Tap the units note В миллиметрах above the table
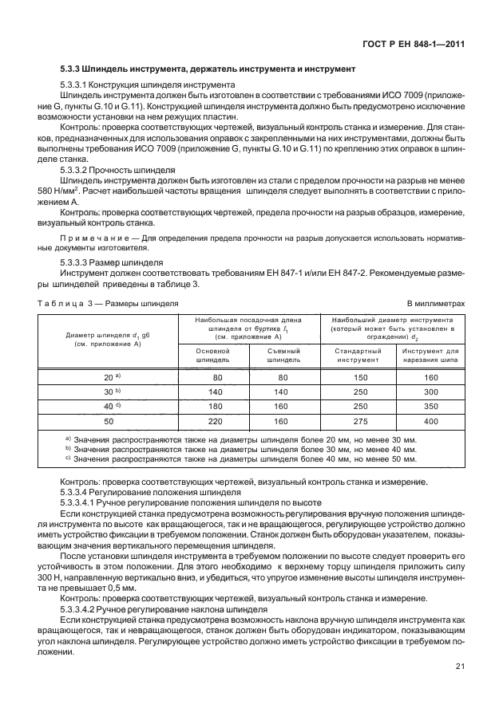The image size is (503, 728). click(x=436, y=304)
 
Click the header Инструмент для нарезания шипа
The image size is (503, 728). click(x=430, y=355)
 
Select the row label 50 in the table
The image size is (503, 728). click(x=108, y=420)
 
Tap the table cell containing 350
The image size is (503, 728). click(x=431, y=405)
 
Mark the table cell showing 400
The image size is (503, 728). click(x=431, y=420)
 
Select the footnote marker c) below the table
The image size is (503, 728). click(x=69, y=458)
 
